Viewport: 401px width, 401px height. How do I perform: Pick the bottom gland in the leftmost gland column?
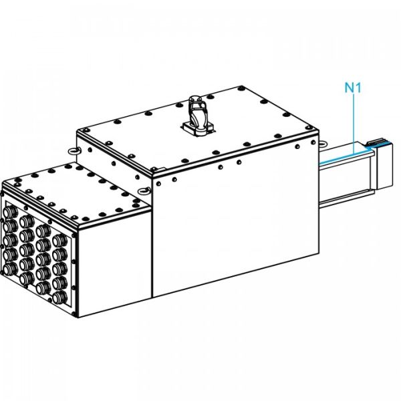(11, 268)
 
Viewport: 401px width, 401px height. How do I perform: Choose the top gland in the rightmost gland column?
(59, 238)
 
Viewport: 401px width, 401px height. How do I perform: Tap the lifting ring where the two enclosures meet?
(144, 190)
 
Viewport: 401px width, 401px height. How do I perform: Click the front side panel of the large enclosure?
(234, 227)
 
